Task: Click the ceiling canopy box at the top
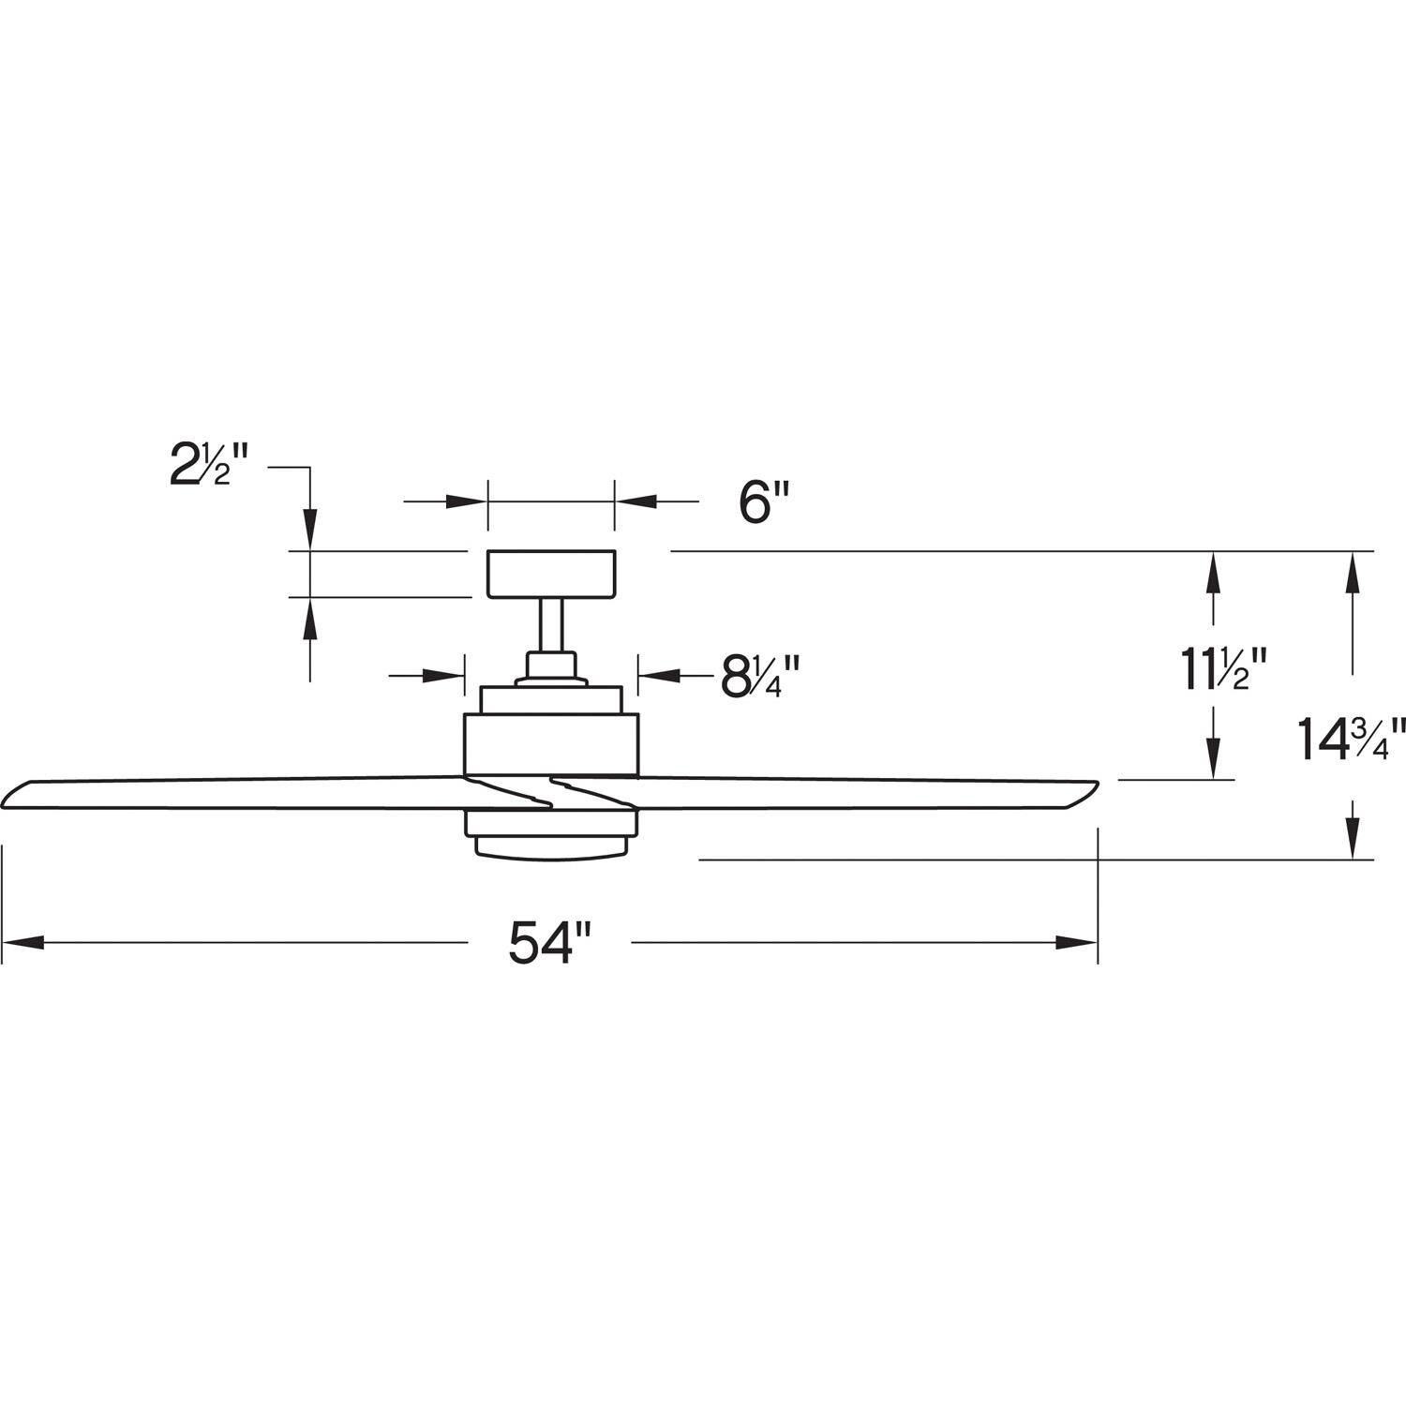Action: (551, 574)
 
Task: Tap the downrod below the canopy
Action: (551, 624)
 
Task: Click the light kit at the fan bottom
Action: (551, 834)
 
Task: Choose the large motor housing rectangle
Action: (551, 744)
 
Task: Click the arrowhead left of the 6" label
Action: (466, 501)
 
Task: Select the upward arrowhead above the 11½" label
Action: (1214, 574)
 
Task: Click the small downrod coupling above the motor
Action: (551, 667)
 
